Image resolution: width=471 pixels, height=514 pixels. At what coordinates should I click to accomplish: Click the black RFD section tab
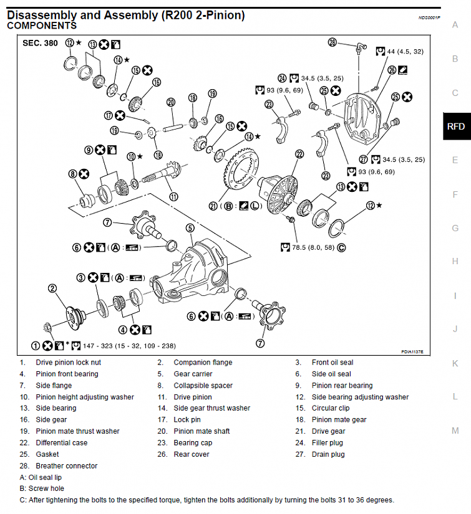coord(456,126)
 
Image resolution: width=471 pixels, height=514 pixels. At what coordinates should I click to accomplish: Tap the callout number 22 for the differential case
coord(299,154)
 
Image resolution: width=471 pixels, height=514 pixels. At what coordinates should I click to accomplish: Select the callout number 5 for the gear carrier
coord(190,228)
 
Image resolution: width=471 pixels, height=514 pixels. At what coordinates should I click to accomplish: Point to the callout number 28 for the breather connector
coord(333,42)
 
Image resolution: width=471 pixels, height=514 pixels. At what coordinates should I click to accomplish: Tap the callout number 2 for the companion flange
coord(53,288)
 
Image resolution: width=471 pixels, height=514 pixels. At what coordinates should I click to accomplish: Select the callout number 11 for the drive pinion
coord(174,197)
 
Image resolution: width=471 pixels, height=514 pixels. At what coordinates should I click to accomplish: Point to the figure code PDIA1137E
coord(412,352)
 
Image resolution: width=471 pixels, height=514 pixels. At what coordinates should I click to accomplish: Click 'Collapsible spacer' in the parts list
coord(203,385)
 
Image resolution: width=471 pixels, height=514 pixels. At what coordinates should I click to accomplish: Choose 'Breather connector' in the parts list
coord(66,465)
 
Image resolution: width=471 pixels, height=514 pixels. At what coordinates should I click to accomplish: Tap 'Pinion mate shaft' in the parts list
coord(202,431)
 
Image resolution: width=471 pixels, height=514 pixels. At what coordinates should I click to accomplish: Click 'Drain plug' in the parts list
coord(328,454)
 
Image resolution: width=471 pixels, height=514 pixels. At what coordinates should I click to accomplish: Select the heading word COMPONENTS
coord(42,26)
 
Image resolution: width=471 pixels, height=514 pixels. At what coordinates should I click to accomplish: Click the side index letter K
coord(455,363)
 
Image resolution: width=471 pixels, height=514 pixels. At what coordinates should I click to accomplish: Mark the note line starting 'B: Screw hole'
coord(42,488)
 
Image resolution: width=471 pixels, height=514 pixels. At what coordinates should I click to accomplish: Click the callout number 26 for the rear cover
coord(392,70)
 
